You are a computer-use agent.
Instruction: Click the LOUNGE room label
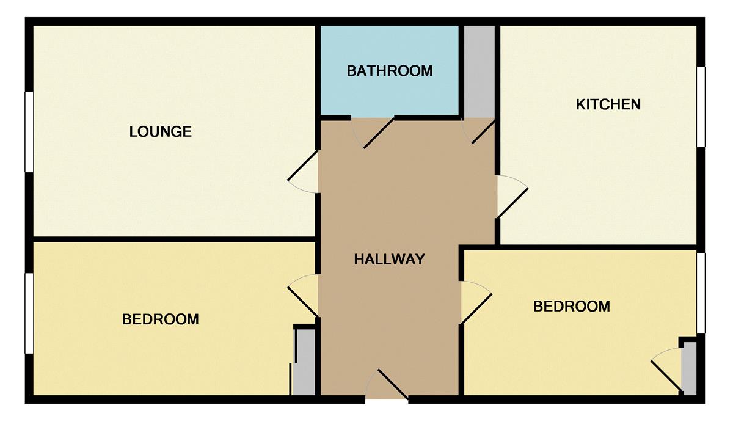tap(160, 131)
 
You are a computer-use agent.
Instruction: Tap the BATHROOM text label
tap(390, 71)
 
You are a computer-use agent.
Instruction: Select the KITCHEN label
tap(608, 104)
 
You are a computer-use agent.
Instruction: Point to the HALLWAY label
tap(390, 259)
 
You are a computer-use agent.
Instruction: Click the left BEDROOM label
tap(160, 319)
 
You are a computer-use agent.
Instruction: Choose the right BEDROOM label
tap(572, 306)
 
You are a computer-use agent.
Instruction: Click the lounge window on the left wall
tap(29, 132)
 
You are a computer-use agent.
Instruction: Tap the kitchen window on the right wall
tap(701, 107)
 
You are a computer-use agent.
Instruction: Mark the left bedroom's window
tap(29, 313)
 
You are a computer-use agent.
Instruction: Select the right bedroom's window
tap(701, 293)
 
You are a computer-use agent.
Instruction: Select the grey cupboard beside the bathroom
tap(480, 71)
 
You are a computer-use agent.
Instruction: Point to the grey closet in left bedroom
tap(304, 362)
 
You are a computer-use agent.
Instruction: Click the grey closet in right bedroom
tap(689, 368)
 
